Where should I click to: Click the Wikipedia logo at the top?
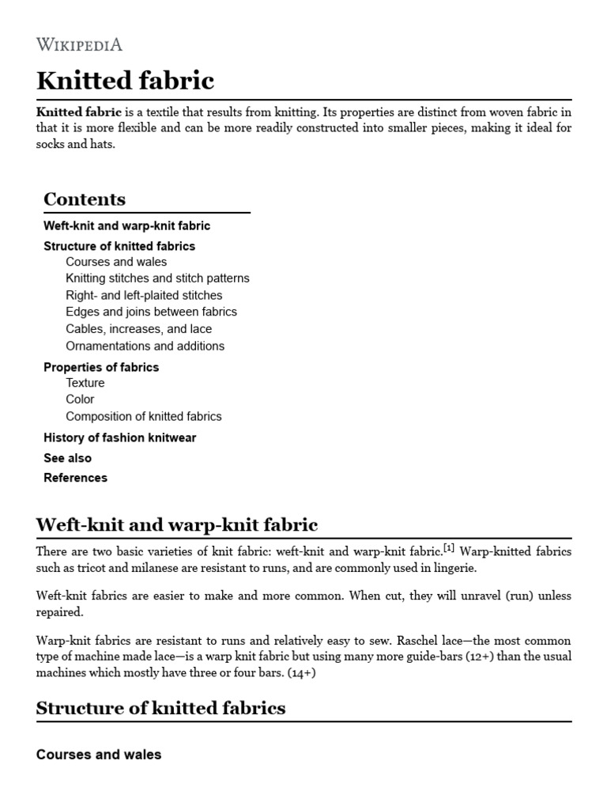click(79, 44)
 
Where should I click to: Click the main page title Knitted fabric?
click(125, 81)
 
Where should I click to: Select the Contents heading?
click(85, 199)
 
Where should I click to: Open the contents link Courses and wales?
click(116, 262)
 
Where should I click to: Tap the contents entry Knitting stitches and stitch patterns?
click(157, 278)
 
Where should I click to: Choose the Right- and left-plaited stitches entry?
click(144, 295)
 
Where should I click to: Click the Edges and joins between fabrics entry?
click(151, 312)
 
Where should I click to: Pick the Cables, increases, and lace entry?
click(138, 329)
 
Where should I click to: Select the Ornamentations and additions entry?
click(145, 346)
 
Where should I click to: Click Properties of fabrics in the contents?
click(101, 367)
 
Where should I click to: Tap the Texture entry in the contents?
click(85, 383)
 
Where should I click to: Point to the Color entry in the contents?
click(80, 399)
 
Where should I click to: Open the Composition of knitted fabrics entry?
click(144, 416)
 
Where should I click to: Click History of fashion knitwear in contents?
click(119, 437)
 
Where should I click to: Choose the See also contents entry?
click(67, 458)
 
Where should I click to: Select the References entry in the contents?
click(75, 478)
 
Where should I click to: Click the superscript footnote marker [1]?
click(449, 547)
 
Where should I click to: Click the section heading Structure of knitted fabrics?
click(160, 708)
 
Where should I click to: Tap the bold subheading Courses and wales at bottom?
click(99, 755)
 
